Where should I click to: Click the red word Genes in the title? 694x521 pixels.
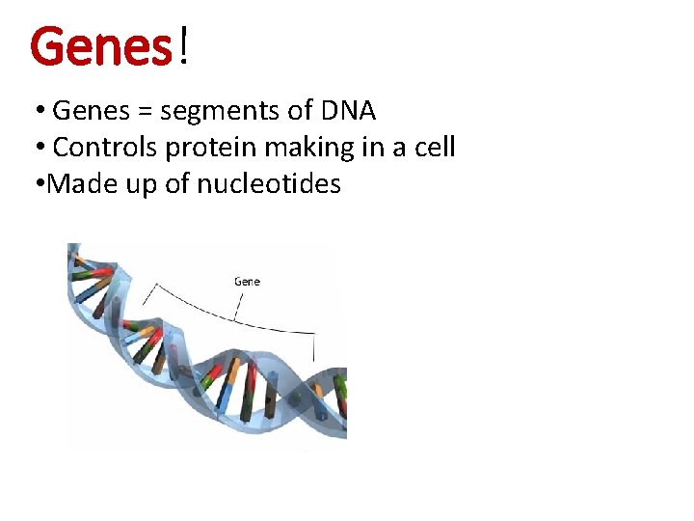[100, 46]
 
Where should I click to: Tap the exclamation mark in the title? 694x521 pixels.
[182, 46]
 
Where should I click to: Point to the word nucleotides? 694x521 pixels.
[269, 183]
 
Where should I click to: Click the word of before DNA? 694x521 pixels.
[299, 112]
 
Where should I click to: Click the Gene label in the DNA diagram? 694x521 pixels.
[247, 282]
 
